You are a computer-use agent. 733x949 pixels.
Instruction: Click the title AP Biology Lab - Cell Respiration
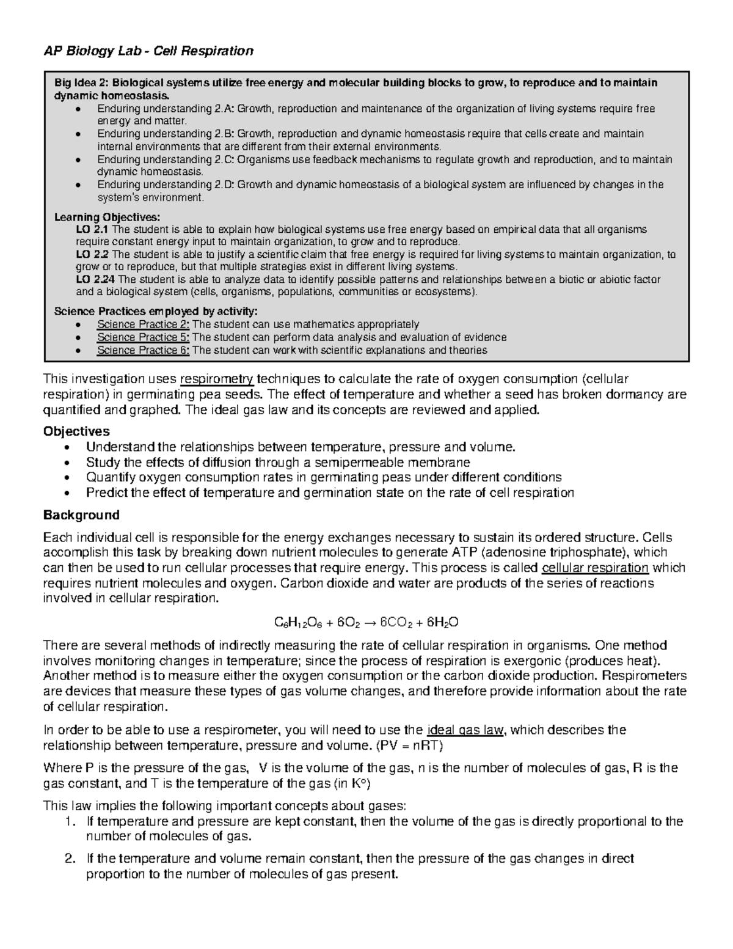pos(148,51)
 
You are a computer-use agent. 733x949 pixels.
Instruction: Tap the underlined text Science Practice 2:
pos(143,324)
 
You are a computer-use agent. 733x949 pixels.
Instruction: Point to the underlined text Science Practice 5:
pos(143,337)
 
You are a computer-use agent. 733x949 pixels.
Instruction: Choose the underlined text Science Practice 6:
pos(143,350)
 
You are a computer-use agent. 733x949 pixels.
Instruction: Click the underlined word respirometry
pos(217,379)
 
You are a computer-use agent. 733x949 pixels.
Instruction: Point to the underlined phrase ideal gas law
pos(467,730)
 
